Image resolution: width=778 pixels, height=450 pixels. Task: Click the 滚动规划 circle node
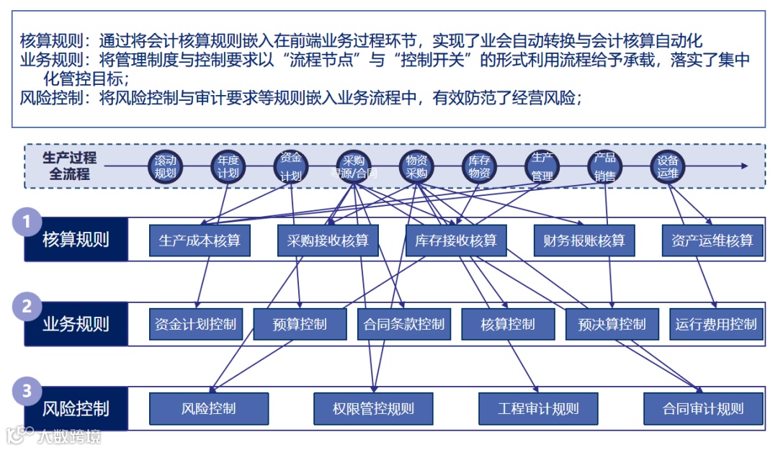click(165, 167)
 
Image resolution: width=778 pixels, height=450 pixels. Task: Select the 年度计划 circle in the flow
click(228, 167)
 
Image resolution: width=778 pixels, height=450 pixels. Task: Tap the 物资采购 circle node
click(417, 167)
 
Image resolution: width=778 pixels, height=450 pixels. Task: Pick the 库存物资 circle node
click(479, 167)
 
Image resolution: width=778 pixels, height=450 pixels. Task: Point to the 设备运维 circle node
click(668, 167)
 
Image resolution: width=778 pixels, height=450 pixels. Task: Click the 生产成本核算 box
click(200, 240)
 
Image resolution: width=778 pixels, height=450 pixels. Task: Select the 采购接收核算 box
click(323, 240)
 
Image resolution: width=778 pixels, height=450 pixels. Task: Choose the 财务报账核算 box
click(584, 240)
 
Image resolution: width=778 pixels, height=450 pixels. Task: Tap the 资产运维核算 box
click(712, 240)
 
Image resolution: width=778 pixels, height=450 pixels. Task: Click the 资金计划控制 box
click(196, 325)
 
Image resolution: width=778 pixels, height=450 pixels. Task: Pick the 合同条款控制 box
click(404, 325)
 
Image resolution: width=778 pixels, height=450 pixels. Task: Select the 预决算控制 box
click(612, 325)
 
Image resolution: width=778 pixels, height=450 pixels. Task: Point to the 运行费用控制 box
click(716, 325)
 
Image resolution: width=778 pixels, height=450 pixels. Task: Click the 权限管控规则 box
click(373, 409)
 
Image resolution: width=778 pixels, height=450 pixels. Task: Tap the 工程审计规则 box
click(538, 409)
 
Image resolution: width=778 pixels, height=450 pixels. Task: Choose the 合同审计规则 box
click(702, 409)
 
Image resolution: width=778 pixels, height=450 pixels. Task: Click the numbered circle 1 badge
click(27, 222)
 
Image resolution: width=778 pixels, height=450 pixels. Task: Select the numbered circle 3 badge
click(27, 391)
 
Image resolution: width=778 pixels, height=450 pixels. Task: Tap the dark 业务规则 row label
click(76, 324)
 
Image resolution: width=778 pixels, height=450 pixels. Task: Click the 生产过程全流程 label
click(69, 166)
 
